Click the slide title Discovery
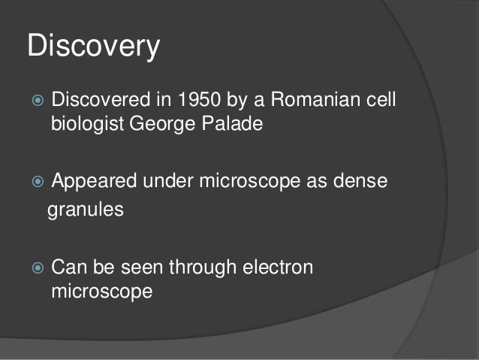93,47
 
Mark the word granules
85,210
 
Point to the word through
197,268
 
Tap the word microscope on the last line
101,291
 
